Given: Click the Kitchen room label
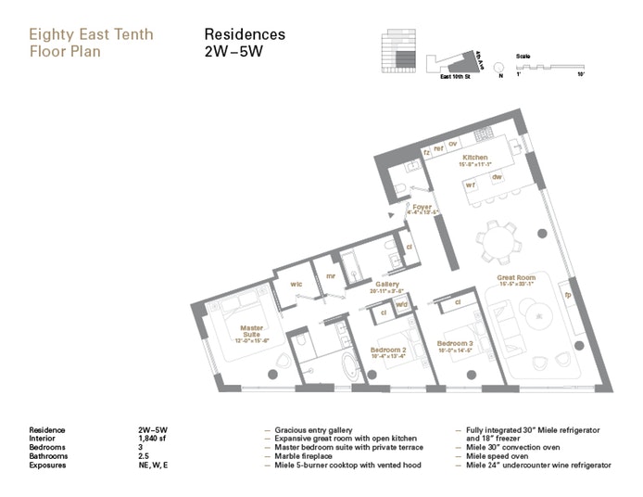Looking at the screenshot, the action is click(474, 159).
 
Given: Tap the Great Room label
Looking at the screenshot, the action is click(516, 276).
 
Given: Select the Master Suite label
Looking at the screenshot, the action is click(252, 328).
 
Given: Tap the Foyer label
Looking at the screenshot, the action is click(422, 208).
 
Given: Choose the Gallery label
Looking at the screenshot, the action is click(386, 285).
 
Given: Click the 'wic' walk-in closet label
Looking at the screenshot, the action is click(296, 283).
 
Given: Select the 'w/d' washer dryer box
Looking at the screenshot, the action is click(401, 304).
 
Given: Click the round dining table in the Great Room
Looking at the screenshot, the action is click(498, 244).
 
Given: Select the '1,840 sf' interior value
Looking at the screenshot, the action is click(154, 438).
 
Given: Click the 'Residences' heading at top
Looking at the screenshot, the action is click(244, 34).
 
